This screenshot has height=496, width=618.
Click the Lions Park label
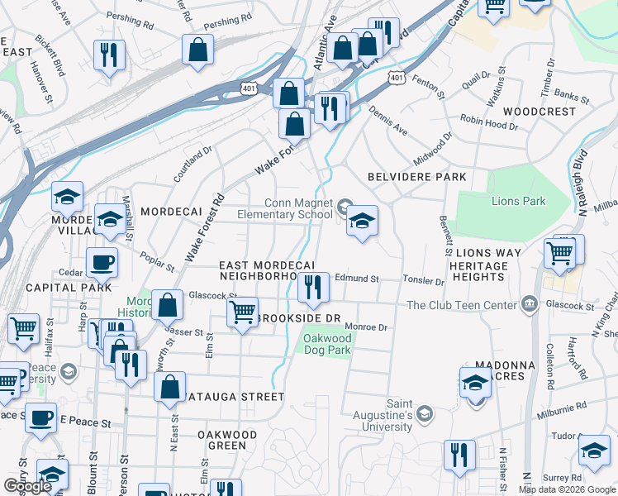coord(518,201)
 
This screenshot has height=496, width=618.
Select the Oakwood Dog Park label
coord(326,345)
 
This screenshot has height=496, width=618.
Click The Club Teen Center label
coord(462,305)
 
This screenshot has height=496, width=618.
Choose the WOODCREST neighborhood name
coord(539,112)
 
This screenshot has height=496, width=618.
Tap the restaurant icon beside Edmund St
coord(313,287)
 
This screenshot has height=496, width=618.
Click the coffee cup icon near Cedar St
coord(102,262)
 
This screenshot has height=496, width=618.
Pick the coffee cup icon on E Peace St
coord(40,417)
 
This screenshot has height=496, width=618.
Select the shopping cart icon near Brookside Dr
coord(241,312)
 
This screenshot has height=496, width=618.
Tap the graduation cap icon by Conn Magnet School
coord(361,221)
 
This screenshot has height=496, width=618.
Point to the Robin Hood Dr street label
coord(489,123)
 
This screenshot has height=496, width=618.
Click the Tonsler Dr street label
coord(423,280)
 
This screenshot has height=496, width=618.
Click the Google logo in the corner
coord(27,486)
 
